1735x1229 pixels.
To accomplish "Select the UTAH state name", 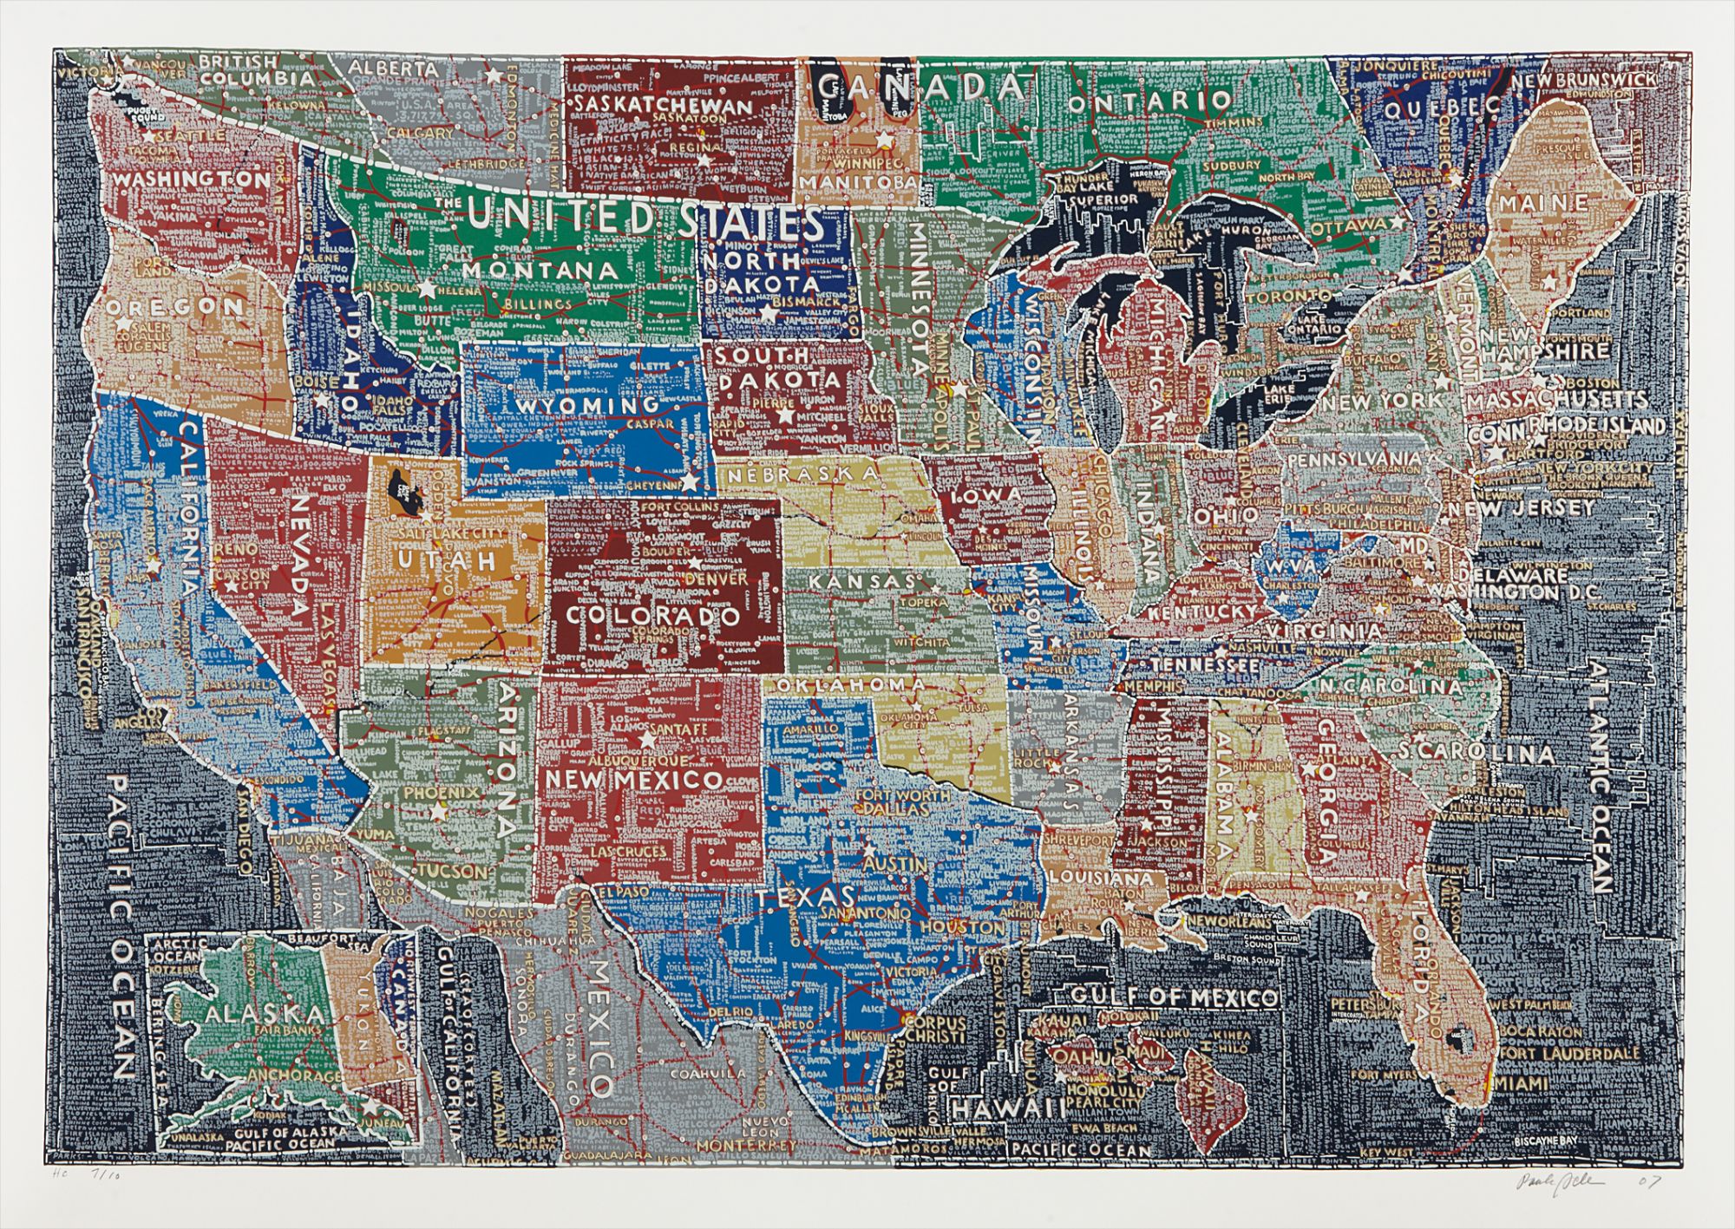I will click(x=448, y=560).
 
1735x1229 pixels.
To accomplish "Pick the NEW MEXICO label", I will click(x=634, y=780).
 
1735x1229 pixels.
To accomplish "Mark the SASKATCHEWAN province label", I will click(x=661, y=106).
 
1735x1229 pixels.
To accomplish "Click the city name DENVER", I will click(x=716, y=577).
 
